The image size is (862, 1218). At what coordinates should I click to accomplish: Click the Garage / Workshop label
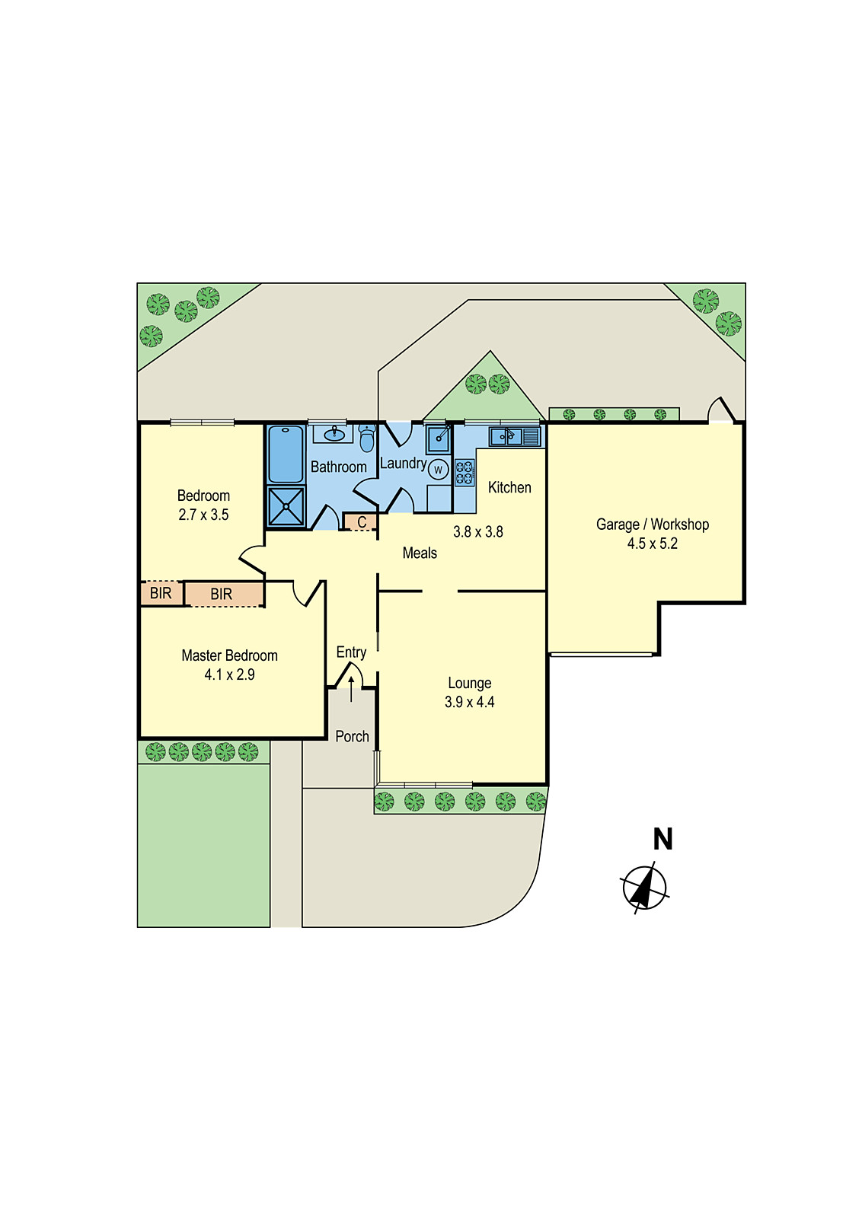pyautogui.click(x=652, y=525)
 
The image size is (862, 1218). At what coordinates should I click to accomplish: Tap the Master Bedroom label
pyautogui.click(x=229, y=655)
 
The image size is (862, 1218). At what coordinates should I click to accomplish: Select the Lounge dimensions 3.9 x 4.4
pyautogui.click(x=469, y=702)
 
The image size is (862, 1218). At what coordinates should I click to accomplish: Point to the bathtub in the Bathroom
pyautogui.click(x=286, y=454)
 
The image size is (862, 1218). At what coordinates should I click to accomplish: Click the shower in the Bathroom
pyautogui.click(x=286, y=506)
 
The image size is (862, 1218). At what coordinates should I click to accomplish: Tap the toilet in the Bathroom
pyautogui.click(x=367, y=438)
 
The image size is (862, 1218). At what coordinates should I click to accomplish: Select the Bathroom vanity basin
pyautogui.click(x=334, y=434)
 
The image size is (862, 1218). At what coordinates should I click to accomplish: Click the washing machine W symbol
pyautogui.click(x=439, y=470)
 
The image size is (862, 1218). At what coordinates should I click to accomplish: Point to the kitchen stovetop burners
pyautogui.click(x=465, y=472)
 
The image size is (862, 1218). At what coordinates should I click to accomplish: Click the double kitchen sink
pyautogui.click(x=514, y=437)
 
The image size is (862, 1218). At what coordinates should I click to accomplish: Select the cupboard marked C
pyautogui.click(x=361, y=522)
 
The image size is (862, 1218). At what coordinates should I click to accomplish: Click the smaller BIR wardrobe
pyautogui.click(x=161, y=593)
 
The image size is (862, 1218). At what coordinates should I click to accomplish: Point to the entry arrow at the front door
pyautogui.click(x=351, y=689)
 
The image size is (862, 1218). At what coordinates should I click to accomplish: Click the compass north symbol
pyautogui.click(x=644, y=888)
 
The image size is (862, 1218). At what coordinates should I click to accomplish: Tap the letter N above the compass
pyautogui.click(x=663, y=839)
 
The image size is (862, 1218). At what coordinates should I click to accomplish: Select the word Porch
pyautogui.click(x=352, y=736)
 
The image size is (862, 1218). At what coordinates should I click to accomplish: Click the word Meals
pyautogui.click(x=420, y=553)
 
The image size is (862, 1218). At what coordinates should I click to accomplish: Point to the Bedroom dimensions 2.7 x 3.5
pyautogui.click(x=203, y=515)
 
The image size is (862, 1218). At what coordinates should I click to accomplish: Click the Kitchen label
pyautogui.click(x=509, y=487)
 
